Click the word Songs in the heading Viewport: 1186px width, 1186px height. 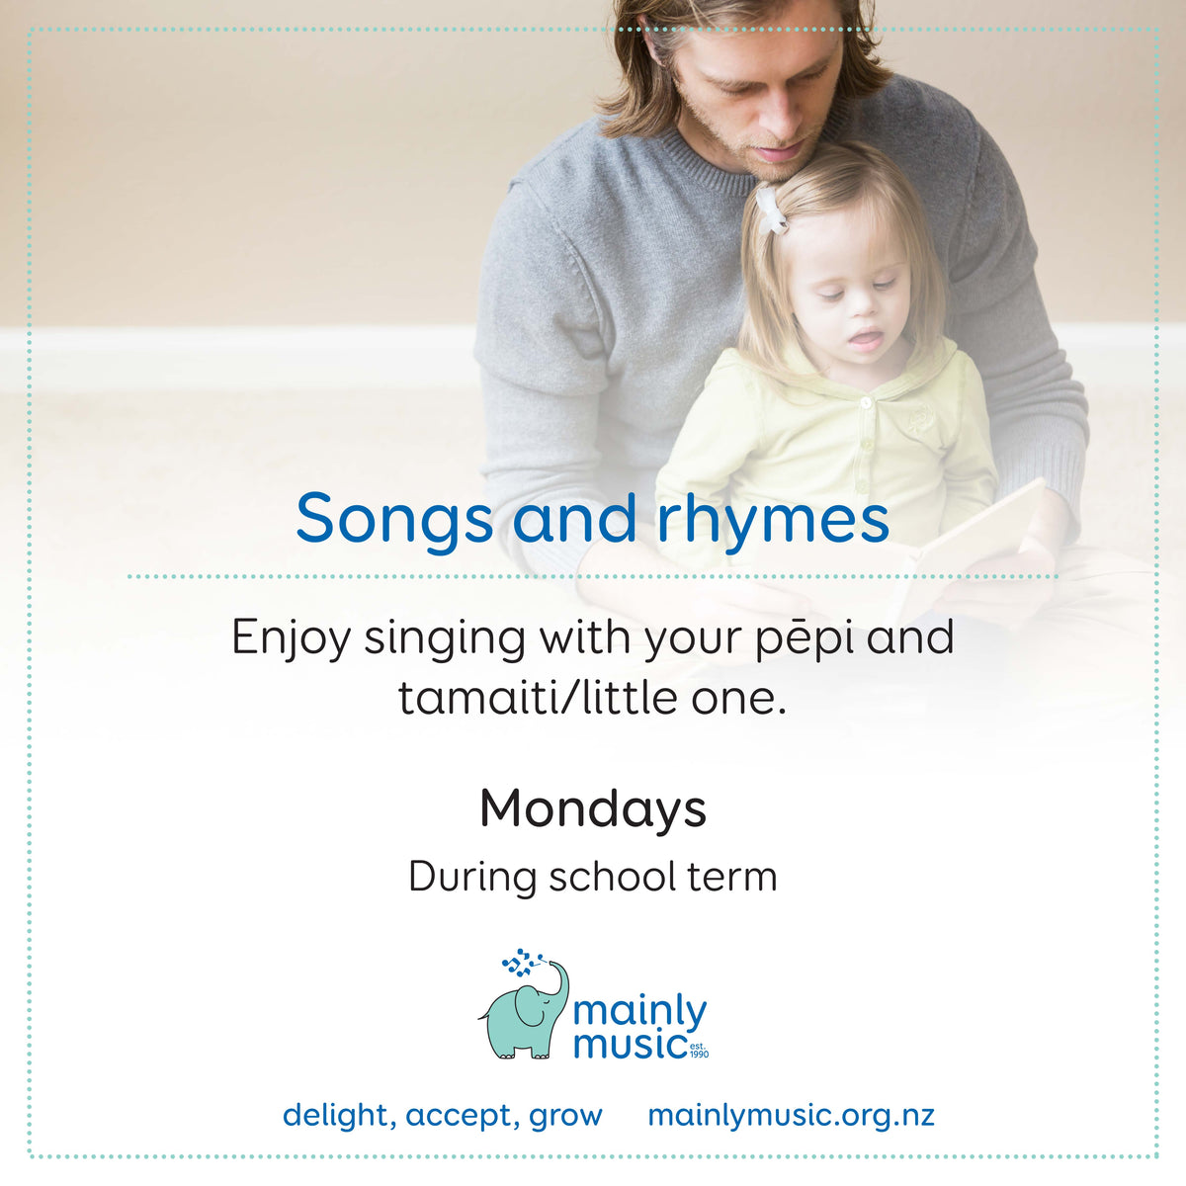click(393, 519)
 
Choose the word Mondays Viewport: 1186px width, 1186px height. click(593, 808)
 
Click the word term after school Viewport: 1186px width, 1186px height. click(732, 877)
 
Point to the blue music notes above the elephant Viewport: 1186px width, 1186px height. click(522, 961)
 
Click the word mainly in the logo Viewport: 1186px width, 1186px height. click(640, 1012)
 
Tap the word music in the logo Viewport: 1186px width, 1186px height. click(630, 1044)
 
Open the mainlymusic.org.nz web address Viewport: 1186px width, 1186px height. click(791, 1115)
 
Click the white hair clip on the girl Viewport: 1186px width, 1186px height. click(770, 209)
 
